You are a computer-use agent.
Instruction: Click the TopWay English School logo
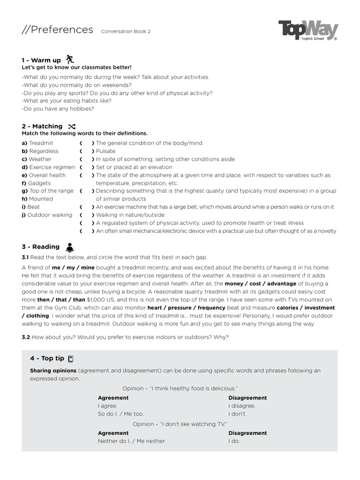pyautogui.click(x=308, y=31)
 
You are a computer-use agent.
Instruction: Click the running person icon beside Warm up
pyautogui.click(x=70, y=59)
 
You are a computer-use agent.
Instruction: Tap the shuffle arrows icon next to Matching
pyautogui.click(x=71, y=127)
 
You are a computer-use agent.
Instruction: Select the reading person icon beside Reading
pyautogui.click(x=69, y=247)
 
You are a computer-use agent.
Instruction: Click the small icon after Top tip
pyautogui.click(x=71, y=359)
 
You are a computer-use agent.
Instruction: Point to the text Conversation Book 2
pyautogui.click(x=126, y=31)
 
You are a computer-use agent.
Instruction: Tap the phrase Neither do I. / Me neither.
pyautogui.click(x=131, y=441)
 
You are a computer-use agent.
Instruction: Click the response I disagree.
pyautogui.click(x=242, y=406)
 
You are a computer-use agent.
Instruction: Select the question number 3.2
pyautogui.click(x=26, y=337)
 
